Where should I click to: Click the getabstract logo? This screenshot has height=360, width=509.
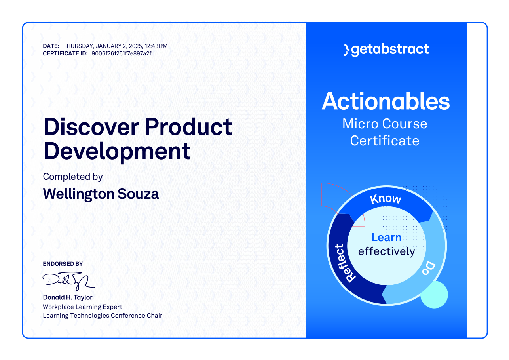[x=386, y=50]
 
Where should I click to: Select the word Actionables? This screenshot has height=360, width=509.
[x=386, y=101]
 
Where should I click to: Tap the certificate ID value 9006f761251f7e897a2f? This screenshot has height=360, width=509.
[x=122, y=54]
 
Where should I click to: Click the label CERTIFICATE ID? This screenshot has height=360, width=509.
[x=65, y=54]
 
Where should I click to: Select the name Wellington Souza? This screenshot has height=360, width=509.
[x=101, y=194]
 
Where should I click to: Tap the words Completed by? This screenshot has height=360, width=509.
[x=73, y=177]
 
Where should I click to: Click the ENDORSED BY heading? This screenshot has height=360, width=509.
[x=63, y=264]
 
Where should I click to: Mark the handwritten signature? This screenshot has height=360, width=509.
[x=68, y=281]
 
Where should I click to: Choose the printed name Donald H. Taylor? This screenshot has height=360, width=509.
[x=68, y=297]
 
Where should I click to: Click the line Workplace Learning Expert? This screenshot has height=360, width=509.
[x=82, y=307]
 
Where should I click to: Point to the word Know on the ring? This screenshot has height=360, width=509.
[x=386, y=199]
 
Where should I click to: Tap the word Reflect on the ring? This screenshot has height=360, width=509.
[x=345, y=263]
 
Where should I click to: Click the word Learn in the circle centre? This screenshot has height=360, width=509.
[x=386, y=238]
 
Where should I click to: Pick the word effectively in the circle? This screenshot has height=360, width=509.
[x=387, y=251]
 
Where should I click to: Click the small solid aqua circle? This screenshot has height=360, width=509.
[x=434, y=295]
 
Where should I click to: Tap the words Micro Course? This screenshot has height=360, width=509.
[x=385, y=124]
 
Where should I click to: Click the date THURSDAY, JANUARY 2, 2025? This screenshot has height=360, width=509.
[x=103, y=46]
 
